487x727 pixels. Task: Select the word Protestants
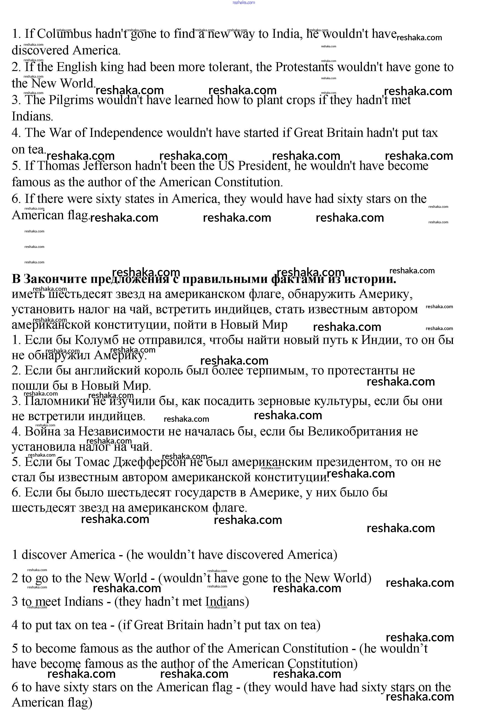[x=304, y=67]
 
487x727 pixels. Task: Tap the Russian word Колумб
[x=88, y=340]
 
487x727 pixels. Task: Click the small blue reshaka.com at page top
[x=243, y=3]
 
